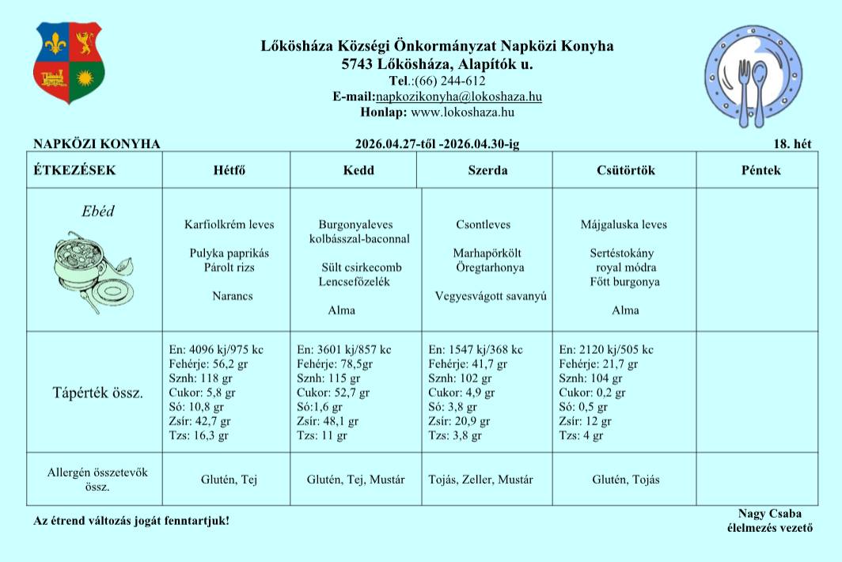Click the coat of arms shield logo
tap(69, 63)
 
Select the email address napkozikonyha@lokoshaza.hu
tap(459, 97)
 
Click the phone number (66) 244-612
tap(449, 81)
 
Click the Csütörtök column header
tap(625, 170)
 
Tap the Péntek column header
tap(760, 170)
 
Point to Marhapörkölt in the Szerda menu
tap(487, 253)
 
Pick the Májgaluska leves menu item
tap(623, 224)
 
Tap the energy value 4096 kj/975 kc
tap(216, 350)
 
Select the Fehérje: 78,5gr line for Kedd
tap(336, 364)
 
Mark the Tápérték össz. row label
tap(97, 393)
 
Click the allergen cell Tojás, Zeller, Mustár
tap(480, 480)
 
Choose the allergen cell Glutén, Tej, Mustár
tap(355, 480)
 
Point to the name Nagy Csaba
tap(763, 514)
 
